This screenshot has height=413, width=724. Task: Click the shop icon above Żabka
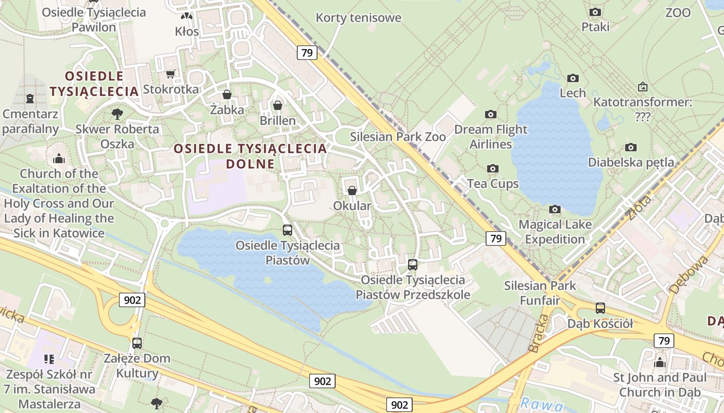click(x=227, y=94)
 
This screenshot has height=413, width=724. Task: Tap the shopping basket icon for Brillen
click(x=278, y=105)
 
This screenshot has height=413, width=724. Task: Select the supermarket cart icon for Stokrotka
click(x=170, y=74)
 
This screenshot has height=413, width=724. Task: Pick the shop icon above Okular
click(x=352, y=190)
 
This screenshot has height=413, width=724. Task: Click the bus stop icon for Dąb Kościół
click(x=600, y=308)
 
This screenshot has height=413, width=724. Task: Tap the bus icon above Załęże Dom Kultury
click(x=137, y=343)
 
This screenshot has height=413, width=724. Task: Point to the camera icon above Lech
click(x=572, y=78)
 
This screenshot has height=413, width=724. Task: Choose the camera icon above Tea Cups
click(x=493, y=168)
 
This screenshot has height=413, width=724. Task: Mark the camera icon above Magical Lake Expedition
click(x=555, y=209)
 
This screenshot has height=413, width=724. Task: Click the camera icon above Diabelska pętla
click(x=630, y=147)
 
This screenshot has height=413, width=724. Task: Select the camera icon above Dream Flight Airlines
click(x=490, y=114)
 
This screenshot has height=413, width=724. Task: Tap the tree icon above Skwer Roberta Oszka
click(x=117, y=114)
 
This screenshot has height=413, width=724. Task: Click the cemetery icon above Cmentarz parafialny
click(x=30, y=98)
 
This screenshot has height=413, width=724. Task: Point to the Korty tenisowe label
click(x=358, y=18)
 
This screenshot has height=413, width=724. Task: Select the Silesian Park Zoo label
click(x=398, y=137)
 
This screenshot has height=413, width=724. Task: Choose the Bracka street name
click(x=538, y=333)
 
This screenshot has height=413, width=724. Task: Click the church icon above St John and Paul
click(x=659, y=362)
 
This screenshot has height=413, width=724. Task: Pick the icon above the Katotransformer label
click(x=642, y=87)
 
